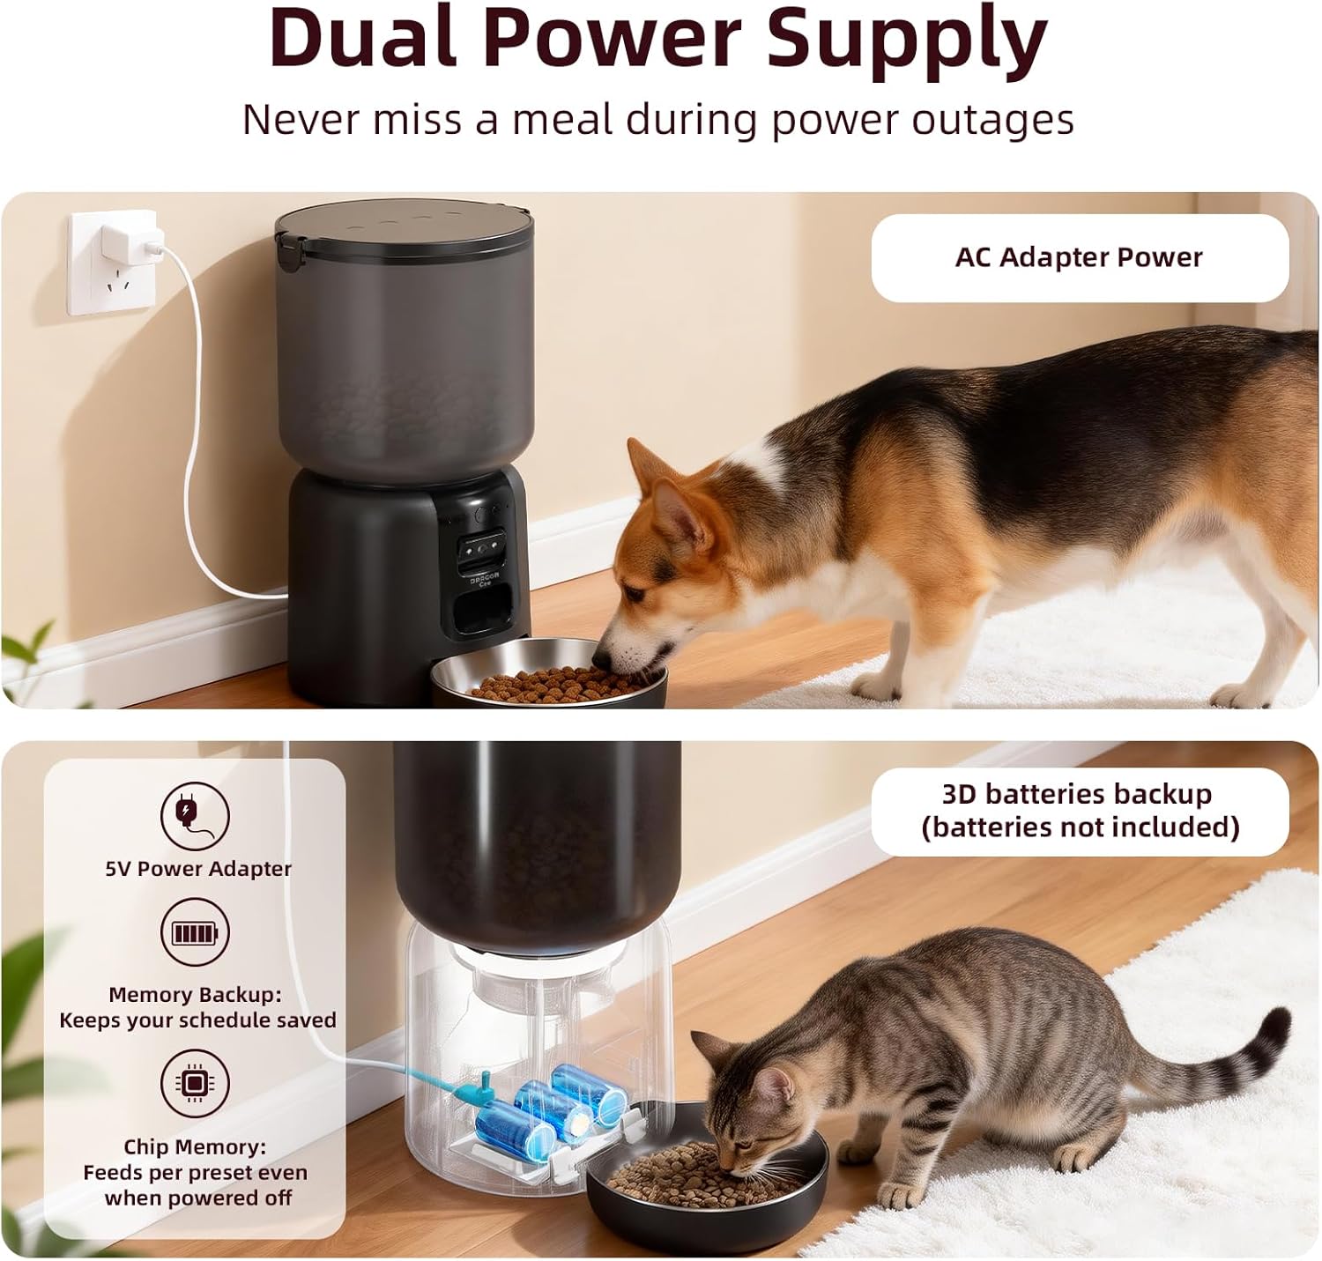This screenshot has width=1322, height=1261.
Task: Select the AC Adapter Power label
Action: tap(1080, 257)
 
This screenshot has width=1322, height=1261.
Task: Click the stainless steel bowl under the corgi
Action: tap(549, 672)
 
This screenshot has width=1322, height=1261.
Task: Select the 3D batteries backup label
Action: tap(1080, 811)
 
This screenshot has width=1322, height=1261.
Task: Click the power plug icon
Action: tap(195, 816)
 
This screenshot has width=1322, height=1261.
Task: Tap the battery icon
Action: tap(195, 932)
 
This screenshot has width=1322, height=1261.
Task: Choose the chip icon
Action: tap(195, 1083)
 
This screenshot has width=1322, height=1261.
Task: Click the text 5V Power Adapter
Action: tap(198, 868)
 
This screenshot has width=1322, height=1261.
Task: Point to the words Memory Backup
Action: tap(195, 995)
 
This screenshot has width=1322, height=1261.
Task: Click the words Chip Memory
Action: tap(195, 1146)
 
